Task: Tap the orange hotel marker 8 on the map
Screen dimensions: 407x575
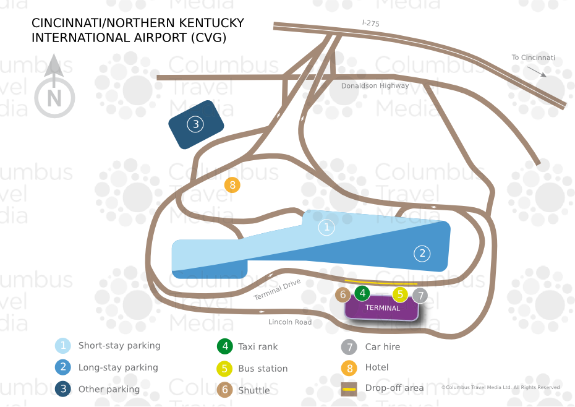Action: (x=232, y=184)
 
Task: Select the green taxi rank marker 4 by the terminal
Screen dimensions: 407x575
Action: (x=362, y=293)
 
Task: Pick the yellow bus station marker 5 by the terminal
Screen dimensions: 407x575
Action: (x=400, y=295)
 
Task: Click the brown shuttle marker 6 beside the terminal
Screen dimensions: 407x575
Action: (x=343, y=295)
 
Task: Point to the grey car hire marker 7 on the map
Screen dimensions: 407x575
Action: (x=420, y=296)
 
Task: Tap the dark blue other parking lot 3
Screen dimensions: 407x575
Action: (x=196, y=124)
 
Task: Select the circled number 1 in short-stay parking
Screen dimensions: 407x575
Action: (x=326, y=228)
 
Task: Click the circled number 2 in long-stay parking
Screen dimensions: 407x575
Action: (x=422, y=253)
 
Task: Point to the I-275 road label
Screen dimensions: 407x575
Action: (x=371, y=24)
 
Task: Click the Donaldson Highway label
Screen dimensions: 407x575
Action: (x=375, y=86)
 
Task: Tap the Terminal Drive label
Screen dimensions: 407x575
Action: (x=277, y=289)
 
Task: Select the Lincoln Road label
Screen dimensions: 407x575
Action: (x=290, y=322)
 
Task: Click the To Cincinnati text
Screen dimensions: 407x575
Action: (x=533, y=58)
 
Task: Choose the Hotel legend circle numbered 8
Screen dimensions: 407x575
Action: (x=349, y=367)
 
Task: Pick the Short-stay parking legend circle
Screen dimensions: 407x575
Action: (x=63, y=346)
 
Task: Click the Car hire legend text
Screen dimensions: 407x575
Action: (x=382, y=347)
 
